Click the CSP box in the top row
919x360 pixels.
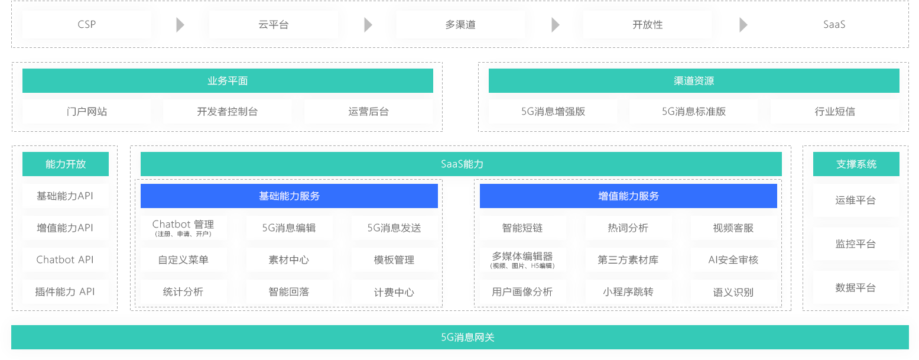point(87,25)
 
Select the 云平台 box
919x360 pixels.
point(274,25)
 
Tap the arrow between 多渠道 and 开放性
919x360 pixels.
point(555,25)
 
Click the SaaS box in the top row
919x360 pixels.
point(834,25)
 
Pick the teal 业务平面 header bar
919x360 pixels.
point(228,81)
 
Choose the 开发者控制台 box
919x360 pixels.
point(228,111)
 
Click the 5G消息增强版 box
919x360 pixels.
point(553,111)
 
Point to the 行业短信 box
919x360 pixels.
point(835,111)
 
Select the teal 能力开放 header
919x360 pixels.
point(66,164)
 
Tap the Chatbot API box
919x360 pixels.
point(66,260)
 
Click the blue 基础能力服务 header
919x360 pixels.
point(290,196)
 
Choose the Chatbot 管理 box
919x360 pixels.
point(183,228)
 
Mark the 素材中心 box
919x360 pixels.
point(290,260)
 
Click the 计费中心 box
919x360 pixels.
point(395,292)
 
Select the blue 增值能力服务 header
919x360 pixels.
point(628,196)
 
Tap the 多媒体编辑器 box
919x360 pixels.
point(522,260)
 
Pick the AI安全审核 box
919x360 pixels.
point(734,260)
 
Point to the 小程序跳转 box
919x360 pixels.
point(629,292)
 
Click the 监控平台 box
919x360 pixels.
point(856,244)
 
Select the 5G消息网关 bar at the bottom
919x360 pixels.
point(460,338)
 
